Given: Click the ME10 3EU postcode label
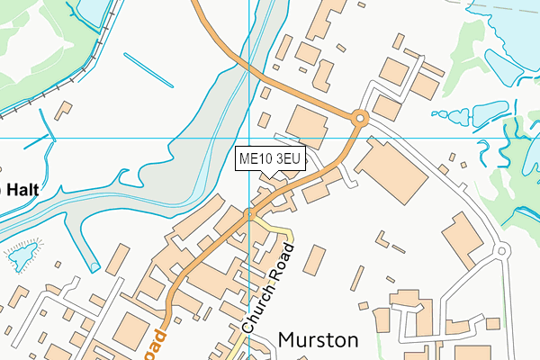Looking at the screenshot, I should (271, 159).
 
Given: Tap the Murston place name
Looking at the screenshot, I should (318, 339).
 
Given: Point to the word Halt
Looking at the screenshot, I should (20, 190).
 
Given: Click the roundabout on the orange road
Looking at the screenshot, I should (359, 117).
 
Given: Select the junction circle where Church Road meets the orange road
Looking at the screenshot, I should (249, 213).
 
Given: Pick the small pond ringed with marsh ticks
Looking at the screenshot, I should (20, 257).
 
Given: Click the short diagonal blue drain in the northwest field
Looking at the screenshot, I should (148, 70).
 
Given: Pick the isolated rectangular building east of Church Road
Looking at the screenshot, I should (313, 260).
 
